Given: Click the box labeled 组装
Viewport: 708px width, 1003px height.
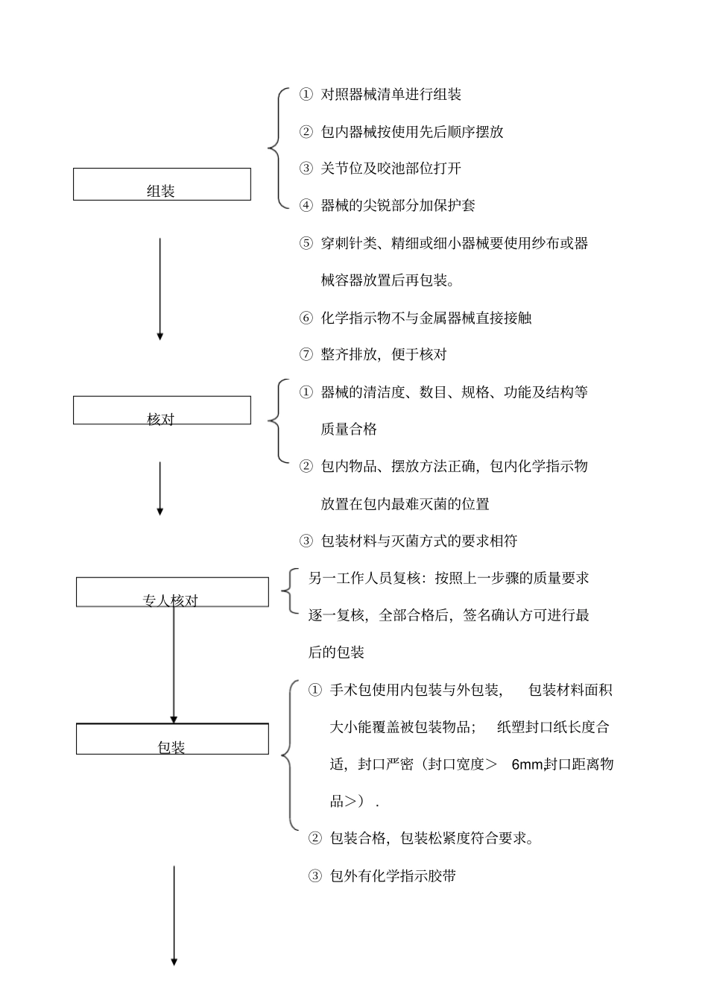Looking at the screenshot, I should pyautogui.click(x=162, y=184).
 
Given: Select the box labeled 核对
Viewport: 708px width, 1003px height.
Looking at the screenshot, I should pyautogui.click(x=162, y=410).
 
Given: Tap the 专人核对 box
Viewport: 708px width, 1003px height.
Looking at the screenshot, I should pyautogui.click(x=172, y=592).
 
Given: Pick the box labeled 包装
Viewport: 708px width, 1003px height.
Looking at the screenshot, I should pyautogui.click(x=172, y=739).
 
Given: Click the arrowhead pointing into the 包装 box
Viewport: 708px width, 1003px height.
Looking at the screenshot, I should pyautogui.click(x=174, y=719).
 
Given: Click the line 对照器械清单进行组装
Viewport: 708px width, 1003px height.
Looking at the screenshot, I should pyautogui.click(x=391, y=95).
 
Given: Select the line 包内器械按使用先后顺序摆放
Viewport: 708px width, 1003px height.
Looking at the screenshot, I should pyautogui.click(x=411, y=132).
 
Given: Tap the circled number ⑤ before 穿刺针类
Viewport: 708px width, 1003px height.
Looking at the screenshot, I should pyautogui.click(x=306, y=243).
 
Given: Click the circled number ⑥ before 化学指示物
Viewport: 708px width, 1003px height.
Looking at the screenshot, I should pyautogui.click(x=306, y=318).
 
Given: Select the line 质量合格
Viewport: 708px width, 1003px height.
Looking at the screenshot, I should pyautogui.click(x=349, y=429).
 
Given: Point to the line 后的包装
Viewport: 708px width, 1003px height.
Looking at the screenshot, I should pyautogui.click(x=336, y=653).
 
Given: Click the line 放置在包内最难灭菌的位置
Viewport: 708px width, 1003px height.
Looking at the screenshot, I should pyautogui.click(x=405, y=504).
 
